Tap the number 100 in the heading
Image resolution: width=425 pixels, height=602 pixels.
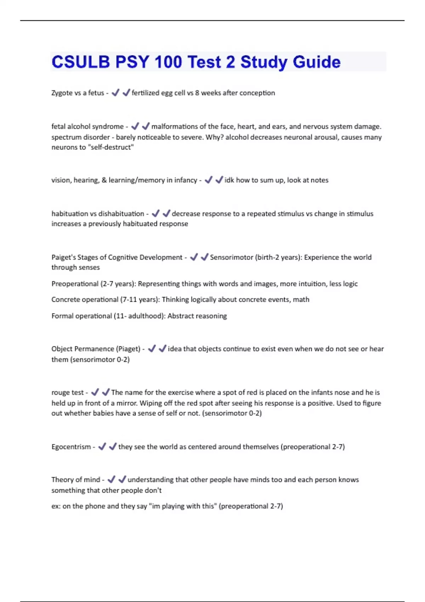click(x=168, y=62)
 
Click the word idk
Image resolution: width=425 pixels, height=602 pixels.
click(x=229, y=180)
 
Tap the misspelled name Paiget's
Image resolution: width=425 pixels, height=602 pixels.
click(x=63, y=257)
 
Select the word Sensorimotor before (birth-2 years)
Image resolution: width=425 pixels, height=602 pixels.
click(x=231, y=257)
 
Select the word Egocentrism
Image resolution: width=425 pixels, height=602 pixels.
click(x=71, y=447)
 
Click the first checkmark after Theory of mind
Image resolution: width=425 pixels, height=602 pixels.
click(x=111, y=479)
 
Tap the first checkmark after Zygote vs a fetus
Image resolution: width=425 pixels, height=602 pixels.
click(x=115, y=93)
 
